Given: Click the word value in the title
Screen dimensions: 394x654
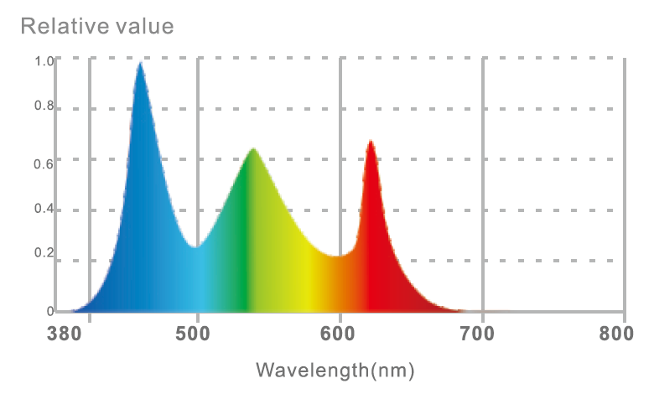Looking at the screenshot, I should pyautogui.click(x=145, y=26).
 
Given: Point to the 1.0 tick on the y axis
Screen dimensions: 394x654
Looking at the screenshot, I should pyautogui.click(x=44, y=61).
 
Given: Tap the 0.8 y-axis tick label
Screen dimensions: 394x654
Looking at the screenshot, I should pyautogui.click(x=44, y=107).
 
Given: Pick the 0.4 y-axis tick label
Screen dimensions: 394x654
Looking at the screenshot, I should pyautogui.click(x=44, y=210).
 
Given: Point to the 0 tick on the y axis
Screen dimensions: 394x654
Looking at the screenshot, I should pyautogui.click(x=49, y=312).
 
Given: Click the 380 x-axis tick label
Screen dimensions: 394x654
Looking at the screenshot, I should pyautogui.click(x=65, y=334).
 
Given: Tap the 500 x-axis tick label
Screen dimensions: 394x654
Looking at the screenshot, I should pyautogui.click(x=197, y=334).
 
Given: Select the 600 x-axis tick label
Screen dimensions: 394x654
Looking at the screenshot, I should pyautogui.click(x=340, y=334).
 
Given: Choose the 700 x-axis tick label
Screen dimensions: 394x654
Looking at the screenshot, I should pyautogui.click(x=482, y=334).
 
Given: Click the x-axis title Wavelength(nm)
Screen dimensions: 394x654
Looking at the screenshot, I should pyautogui.click(x=335, y=370).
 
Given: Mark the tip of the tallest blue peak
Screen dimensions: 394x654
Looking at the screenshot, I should pyautogui.click(x=140, y=63).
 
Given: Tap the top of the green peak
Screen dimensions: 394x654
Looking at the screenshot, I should pyautogui.click(x=252, y=149).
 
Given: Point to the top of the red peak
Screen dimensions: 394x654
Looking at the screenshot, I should pyautogui.click(x=370, y=142).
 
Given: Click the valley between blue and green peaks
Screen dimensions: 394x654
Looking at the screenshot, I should pyautogui.click(x=196, y=247).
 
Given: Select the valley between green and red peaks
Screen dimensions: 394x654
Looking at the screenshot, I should pyautogui.click(x=337, y=257).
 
